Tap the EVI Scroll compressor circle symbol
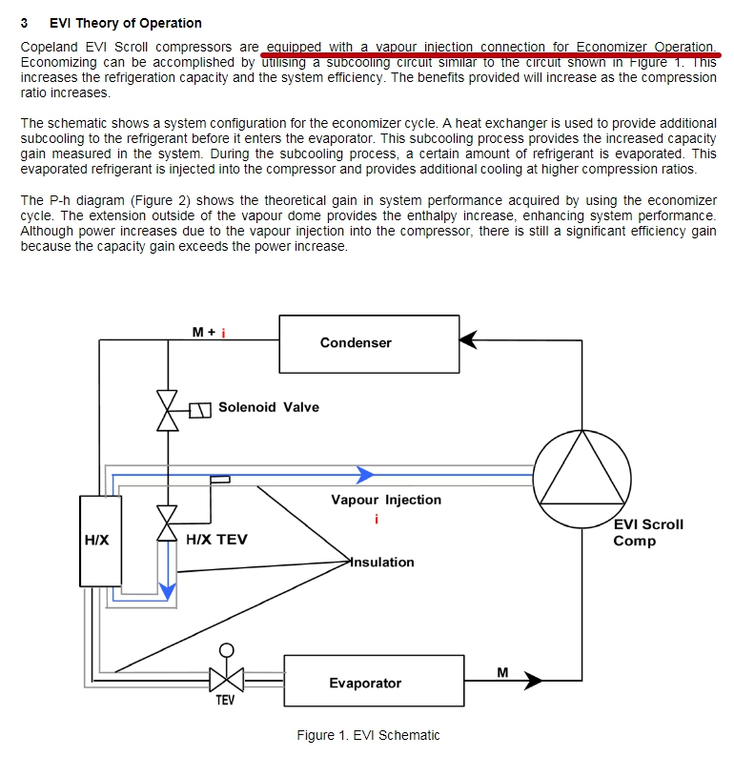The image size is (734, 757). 582,431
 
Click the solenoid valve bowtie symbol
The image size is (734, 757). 168,410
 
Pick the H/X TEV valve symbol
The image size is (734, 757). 168,523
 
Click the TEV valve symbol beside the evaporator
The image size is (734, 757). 226,680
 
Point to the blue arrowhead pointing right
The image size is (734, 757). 365,475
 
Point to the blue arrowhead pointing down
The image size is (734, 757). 168,592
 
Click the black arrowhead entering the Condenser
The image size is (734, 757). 468,339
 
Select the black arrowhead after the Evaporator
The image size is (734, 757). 533,681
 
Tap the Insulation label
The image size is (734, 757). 382,562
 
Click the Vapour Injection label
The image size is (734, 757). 386,500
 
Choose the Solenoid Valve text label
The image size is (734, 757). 269,407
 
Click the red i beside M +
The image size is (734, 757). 223,333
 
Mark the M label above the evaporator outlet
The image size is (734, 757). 502,672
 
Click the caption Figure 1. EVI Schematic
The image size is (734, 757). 368,735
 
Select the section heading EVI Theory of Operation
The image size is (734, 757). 126,23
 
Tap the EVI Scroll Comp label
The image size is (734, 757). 648,533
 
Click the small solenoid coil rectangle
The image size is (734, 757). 200,410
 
